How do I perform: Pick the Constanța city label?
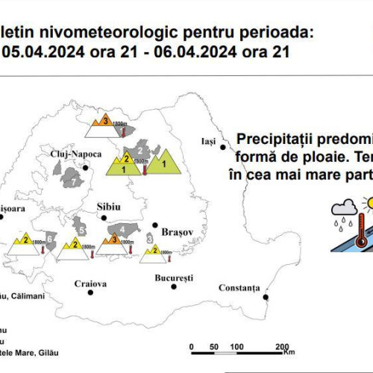(239, 267)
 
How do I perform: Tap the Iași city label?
(207, 141)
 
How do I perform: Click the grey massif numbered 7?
(73, 177)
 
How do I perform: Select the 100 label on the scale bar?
(236, 347)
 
